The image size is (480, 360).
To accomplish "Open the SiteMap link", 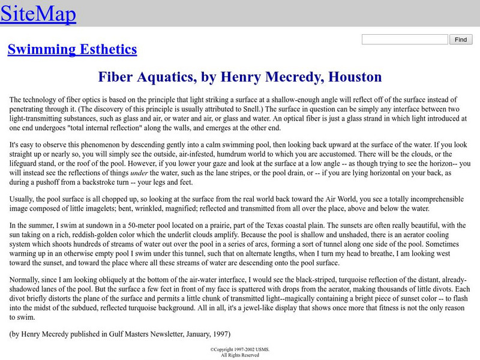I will tap(38, 14).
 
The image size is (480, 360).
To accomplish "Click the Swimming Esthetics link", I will tap(72, 49).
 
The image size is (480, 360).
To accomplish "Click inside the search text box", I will tap(405, 40).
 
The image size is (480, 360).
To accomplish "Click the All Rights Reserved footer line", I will tap(239, 355).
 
